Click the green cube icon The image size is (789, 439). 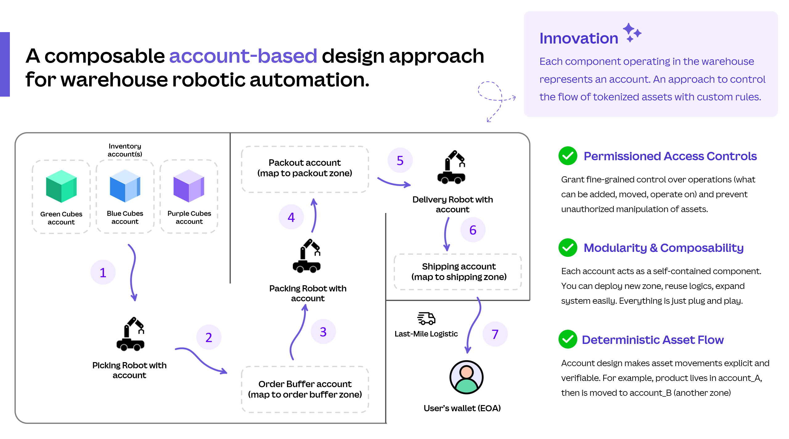pyautogui.click(x=61, y=186)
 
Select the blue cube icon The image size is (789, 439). pyautogui.click(x=125, y=186)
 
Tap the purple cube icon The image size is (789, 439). pyautogui.click(x=189, y=186)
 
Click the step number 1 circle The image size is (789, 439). pyautogui.click(x=103, y=272)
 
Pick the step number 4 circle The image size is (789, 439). pyautogui.click(x=291, y=217)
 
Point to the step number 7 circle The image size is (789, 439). pyautogui.click(x=495, y=334)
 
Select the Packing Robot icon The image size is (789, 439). pyautogui.click(x=307, y=256)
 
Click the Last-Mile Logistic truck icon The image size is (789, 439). pyautogui.click(x=426, y=318)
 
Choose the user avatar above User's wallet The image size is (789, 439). pyautogui.click(x=467, y=377)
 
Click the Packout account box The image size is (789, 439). pyautogui.click(x=305, y=169)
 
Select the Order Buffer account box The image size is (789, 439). pyautogui.click(x=305, y=389)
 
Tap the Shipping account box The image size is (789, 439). pyautogui.click(x=458, y=272)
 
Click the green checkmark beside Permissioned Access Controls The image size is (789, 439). pyautogui.click(x=568, y=156)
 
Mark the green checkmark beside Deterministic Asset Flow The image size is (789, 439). pyautogui.click(x=568, y=339)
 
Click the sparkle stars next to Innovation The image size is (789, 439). pyautogui.click(x=632, y=32)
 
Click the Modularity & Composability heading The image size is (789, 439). pyautogui.click(x=664, y=248)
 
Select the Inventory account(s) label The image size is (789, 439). pyautogui.click(x=125, y=150)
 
